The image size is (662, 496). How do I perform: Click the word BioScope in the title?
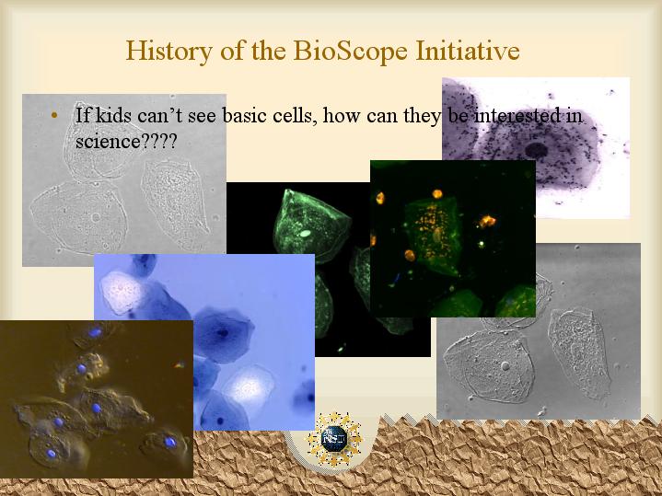[350, 52]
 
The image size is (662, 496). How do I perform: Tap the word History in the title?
[168, 52]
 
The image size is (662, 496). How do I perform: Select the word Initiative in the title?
[468, 51]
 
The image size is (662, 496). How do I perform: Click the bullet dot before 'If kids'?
[53, 115]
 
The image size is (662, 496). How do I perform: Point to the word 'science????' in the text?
[125, 141]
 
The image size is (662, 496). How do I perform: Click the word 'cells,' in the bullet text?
[296, 116]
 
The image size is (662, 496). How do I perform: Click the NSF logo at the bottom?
[334, 439]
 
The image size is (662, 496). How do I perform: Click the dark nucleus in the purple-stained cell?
[536, 150]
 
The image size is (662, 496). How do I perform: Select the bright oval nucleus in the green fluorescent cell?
[306, 233]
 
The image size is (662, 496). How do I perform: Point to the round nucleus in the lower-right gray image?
[505, 365]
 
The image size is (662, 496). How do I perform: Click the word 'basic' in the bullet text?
[245, 115]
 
